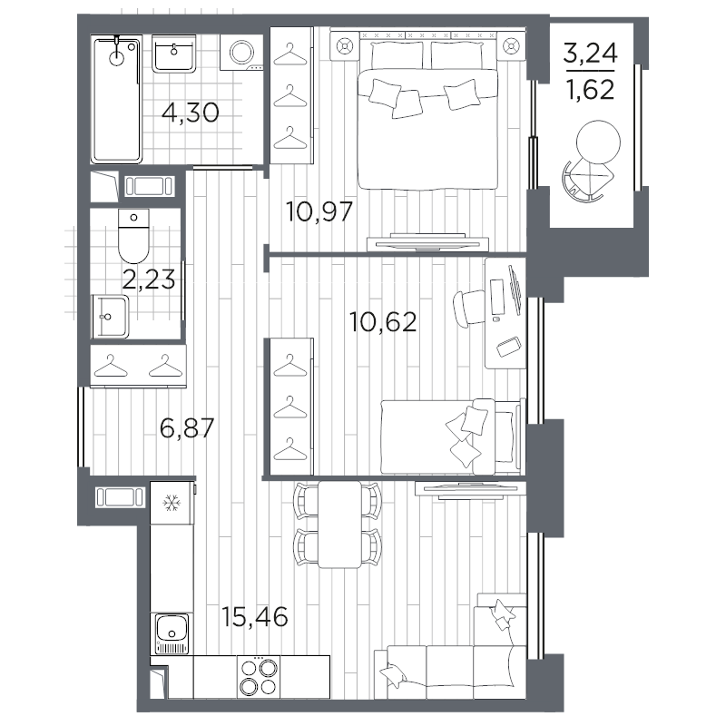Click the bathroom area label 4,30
[190, 113]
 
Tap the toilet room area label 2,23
[149, 280]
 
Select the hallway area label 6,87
[187, 427]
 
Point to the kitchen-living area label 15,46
[254, 617]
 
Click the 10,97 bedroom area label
[319, 211]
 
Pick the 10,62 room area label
[383, 322]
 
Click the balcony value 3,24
[591, 53]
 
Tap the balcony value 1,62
[591, 89]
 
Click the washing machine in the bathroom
[241, 53]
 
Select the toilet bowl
[133, 236]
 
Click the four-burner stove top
[259, 676]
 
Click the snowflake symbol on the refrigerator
[172, 503]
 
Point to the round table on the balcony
[598, 142]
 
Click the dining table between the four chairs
[339, 525]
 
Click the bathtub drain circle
[117, 58]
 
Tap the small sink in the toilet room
[110, 317]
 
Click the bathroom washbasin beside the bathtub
[173, 54]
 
